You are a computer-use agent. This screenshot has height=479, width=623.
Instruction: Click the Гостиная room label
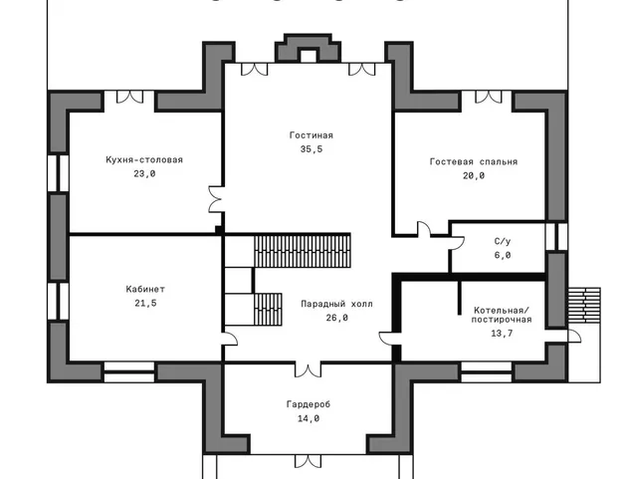(311, 135)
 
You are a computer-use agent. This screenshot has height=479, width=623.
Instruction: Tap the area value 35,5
(311, 149)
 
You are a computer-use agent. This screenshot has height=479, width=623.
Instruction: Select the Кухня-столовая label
(144, 159)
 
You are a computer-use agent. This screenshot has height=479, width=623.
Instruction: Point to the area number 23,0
(144, 173)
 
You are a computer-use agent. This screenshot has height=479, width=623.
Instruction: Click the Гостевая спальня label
(474, 161)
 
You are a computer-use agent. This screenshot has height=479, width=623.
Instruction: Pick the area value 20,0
(474, 175)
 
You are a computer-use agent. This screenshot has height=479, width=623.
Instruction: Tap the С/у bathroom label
(503, 241)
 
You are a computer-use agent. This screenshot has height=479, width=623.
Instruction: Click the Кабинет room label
(145, 289)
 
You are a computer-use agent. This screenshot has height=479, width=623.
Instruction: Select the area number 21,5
(145, 304)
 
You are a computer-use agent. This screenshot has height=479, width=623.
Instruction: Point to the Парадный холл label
(337, 304)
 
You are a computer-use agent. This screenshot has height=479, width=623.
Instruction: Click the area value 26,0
(337, 318)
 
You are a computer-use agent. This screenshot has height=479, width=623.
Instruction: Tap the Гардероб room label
(309, 404)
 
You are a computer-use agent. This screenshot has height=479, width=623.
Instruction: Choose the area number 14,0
(309, 418)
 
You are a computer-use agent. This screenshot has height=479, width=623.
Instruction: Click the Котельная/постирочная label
(502, 315)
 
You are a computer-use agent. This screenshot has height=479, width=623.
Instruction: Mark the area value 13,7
(502, 334)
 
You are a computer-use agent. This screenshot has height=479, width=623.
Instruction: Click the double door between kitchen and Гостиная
(216, 199)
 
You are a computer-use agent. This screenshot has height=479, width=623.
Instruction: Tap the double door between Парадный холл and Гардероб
(308, 369)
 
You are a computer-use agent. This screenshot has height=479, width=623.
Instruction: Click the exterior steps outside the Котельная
(583, 305)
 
